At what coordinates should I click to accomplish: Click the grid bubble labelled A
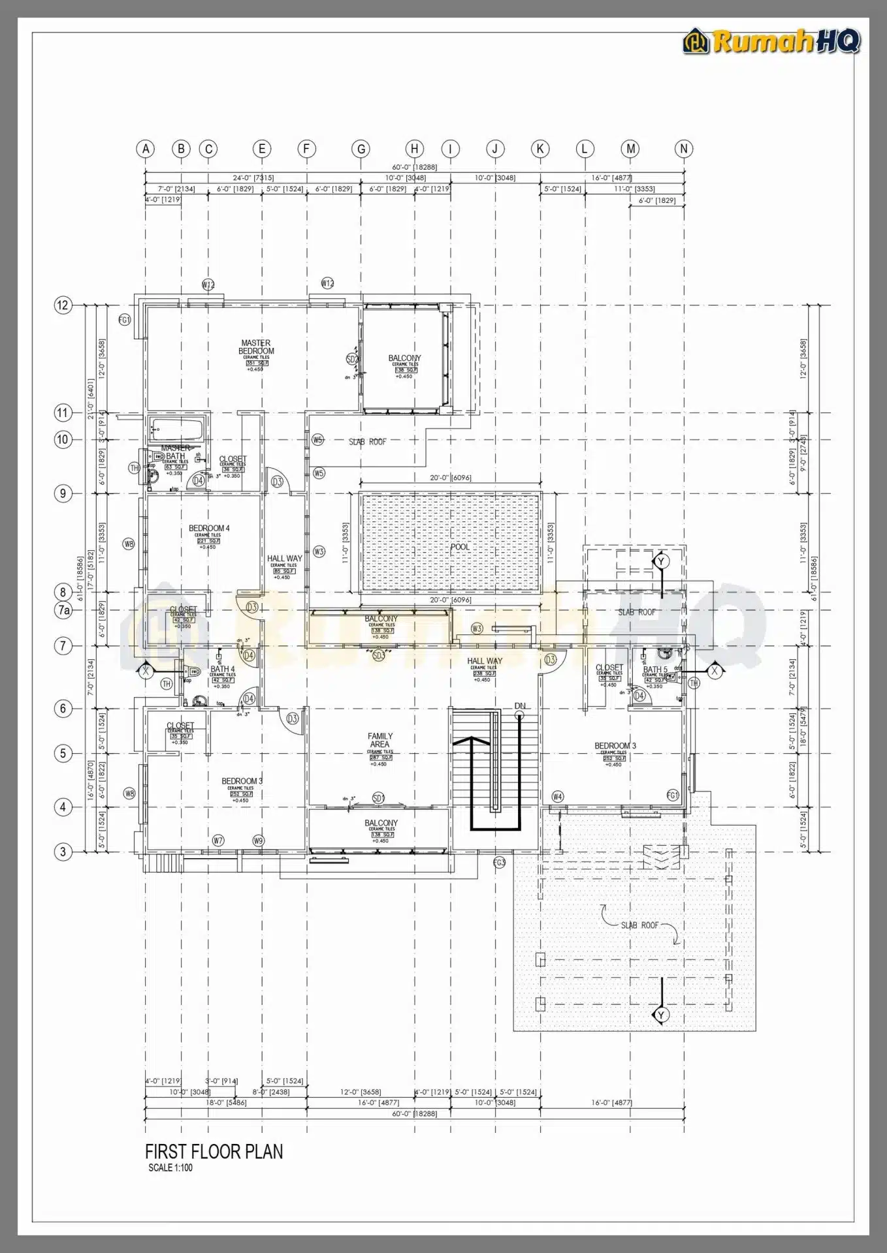pyautogui.click(x=146, y=149)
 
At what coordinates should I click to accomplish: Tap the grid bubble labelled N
pyautogui.click(x=684, y=149)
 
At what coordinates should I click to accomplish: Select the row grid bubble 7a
pyautogui.click(x=63, y=610)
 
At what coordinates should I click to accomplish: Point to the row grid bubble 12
pyautogui.click(x=63, y=305)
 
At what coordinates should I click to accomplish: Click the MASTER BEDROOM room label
pyautogui.click(x=256, y=347)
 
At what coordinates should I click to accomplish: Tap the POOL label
pyautogui.click(x=460, y=547)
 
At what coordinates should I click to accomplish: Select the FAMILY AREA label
pyautogui.click(x=379, y=740)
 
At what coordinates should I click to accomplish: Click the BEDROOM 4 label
pyautogui.click(x=209, y=528)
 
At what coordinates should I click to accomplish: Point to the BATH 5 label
pyautogui.click(x=655, y=670)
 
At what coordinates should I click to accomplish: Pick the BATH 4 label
pyautogui.click(x=222, y=669)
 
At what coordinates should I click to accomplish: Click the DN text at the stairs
pyautogui.click(x=520, y=706)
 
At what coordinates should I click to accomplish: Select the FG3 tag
pyautogui.click(x=499, y=863)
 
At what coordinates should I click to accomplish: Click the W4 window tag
pyautogui.click(x=557, y=797)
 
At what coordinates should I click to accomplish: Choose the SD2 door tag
pyautogui.click(x=352, y=360)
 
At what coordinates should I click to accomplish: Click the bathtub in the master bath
pyautogui.click(x=177, y=429)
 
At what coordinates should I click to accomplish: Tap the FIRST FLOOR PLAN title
pyautogui.click(x=214, y=1151)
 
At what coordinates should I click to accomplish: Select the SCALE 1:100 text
pyautogui.click(x=170, y=1168)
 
